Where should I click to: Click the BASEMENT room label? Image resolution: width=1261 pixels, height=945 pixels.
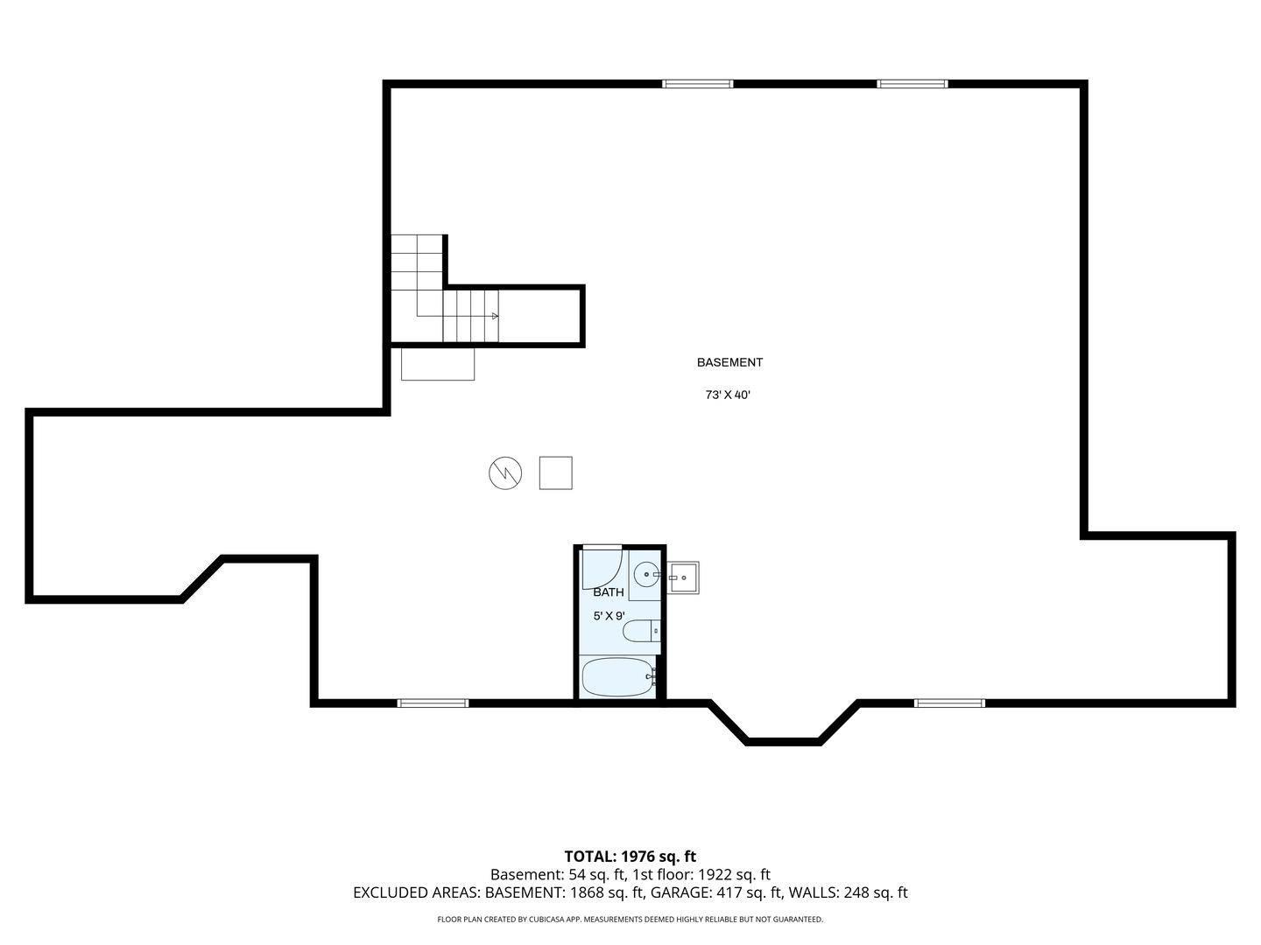pos(729,362)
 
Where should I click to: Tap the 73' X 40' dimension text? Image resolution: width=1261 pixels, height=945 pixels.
pos(728,395)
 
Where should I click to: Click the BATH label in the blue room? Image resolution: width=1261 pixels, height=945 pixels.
pos(609,592)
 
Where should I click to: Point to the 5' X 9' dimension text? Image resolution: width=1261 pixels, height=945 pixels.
pos(609,616)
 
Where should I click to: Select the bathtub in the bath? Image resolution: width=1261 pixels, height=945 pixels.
pos(617,677)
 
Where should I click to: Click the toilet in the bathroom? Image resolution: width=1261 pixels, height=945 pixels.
pos(641,631)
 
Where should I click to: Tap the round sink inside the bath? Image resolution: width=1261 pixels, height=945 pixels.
pos(647,574)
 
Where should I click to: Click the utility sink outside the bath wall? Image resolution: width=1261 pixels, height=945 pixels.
pos(682,577)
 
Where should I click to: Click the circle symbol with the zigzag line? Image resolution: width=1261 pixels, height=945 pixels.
pos(505,473)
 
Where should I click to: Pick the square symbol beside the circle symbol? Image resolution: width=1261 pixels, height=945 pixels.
pos(555,473)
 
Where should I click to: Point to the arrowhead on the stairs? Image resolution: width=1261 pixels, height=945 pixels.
pos(496,316)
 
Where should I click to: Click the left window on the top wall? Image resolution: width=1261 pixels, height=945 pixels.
pos(697,84)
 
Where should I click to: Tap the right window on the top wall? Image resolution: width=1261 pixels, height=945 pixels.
pos(912,84)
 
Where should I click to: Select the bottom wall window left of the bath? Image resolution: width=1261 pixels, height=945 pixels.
pos(433,703)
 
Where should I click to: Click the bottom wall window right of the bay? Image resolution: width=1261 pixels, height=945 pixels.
pos(949,703)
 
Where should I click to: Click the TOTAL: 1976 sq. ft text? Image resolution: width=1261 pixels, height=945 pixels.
pos(630,857)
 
